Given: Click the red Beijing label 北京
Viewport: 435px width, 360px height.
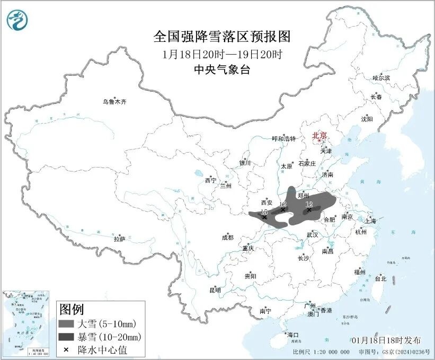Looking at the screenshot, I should point(319,135).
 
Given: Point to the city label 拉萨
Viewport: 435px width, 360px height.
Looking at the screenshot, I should point(119,239).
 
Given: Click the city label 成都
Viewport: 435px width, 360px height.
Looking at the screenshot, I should point(227,238).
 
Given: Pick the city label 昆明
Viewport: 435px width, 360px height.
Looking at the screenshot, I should point(215,290).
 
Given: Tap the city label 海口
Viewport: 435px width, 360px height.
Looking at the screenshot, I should point(292,335).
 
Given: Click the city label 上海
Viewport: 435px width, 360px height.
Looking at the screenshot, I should point(370,221).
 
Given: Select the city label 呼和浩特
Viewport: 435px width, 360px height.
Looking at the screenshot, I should point(283,139).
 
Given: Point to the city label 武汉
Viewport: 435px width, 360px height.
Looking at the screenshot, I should point(312,235).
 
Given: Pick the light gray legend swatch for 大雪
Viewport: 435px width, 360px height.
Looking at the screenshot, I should point(67,323).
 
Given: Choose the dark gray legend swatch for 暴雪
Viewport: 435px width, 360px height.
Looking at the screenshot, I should point(67,337).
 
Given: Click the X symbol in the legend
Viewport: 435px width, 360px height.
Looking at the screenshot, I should point(67,350).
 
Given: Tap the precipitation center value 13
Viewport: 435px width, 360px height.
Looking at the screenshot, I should point(264,212).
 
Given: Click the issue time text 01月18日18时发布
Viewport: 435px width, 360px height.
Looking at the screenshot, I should point(386,340).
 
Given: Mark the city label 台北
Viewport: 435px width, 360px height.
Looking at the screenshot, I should point(380,279).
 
